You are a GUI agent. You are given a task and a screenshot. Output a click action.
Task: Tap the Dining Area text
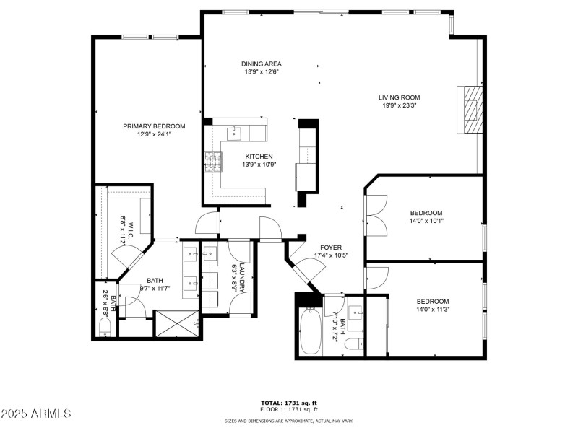261,64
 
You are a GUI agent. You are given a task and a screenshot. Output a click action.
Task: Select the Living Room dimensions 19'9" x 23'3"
400,106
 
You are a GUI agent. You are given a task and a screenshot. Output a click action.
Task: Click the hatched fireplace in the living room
470,109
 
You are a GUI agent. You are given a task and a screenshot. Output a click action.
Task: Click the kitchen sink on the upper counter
235,133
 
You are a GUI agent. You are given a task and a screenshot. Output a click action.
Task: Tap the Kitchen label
259,157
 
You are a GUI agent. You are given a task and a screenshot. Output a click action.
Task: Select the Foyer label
331,247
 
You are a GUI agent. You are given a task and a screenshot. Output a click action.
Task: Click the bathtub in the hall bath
310,331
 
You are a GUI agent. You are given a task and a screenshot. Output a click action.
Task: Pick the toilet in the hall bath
353,344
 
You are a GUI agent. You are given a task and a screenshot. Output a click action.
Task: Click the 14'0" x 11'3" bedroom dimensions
432,310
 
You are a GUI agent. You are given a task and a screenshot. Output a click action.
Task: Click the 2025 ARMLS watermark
36,414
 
